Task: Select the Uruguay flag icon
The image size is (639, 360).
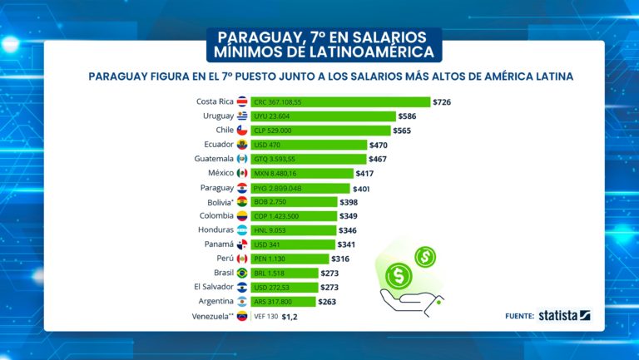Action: click(243, 116)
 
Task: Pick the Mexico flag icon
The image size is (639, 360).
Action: click(243, 173)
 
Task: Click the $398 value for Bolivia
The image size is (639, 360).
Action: click(349, 202)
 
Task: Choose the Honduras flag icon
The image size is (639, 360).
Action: click(243, 230)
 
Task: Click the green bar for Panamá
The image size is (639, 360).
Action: click(292, 244)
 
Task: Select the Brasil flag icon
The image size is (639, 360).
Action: click(243, 273)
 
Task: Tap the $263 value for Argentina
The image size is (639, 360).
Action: click(327, 302)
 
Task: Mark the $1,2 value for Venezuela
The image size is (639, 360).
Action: click(290, 316)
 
